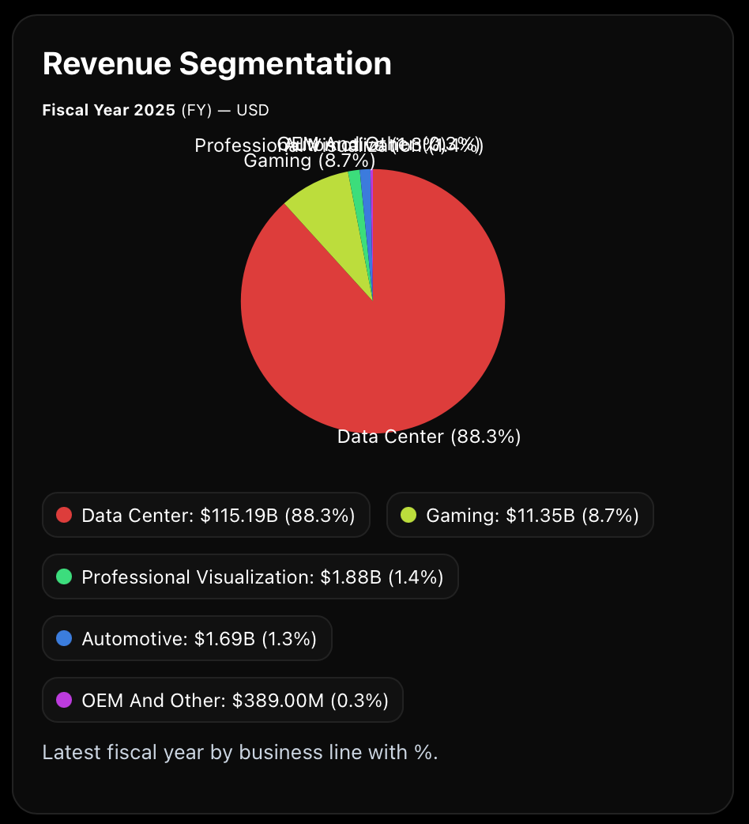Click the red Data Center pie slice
(x=379, y=332)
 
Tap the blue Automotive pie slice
(x=367, y=190)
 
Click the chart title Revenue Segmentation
(x=216, y=64)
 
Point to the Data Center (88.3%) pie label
(x=429, y=437)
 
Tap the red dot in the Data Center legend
(x=64, y=516)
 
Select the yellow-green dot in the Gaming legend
(x=408, y=516)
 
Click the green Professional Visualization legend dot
(x=64, y=577)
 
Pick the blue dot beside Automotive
(x=64, y=638)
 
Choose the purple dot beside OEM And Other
(x=64, y=700)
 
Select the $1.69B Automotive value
(x=224, y=638)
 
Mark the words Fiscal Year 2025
(x=108, y=110)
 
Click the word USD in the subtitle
(x=253, y=110)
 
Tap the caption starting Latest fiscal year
(x=240, y=752)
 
